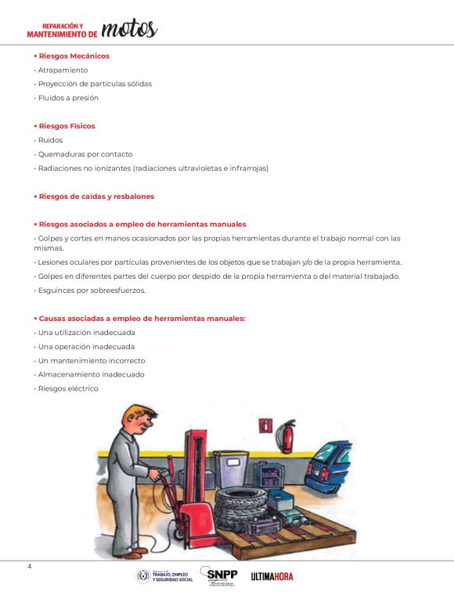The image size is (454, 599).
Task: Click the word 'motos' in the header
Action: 128,28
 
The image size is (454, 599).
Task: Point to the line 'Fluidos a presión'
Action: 68,98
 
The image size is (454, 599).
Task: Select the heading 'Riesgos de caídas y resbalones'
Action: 96,197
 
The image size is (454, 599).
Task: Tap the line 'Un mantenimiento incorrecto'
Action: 92,361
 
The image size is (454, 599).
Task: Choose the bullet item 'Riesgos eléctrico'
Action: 68,388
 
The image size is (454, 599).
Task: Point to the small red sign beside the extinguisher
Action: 265,426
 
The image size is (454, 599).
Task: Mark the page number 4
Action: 29,566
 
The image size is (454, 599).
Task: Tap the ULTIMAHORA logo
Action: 272,576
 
